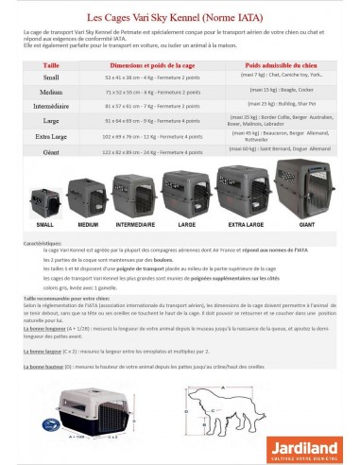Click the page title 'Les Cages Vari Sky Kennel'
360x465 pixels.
tap(179, 15)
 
